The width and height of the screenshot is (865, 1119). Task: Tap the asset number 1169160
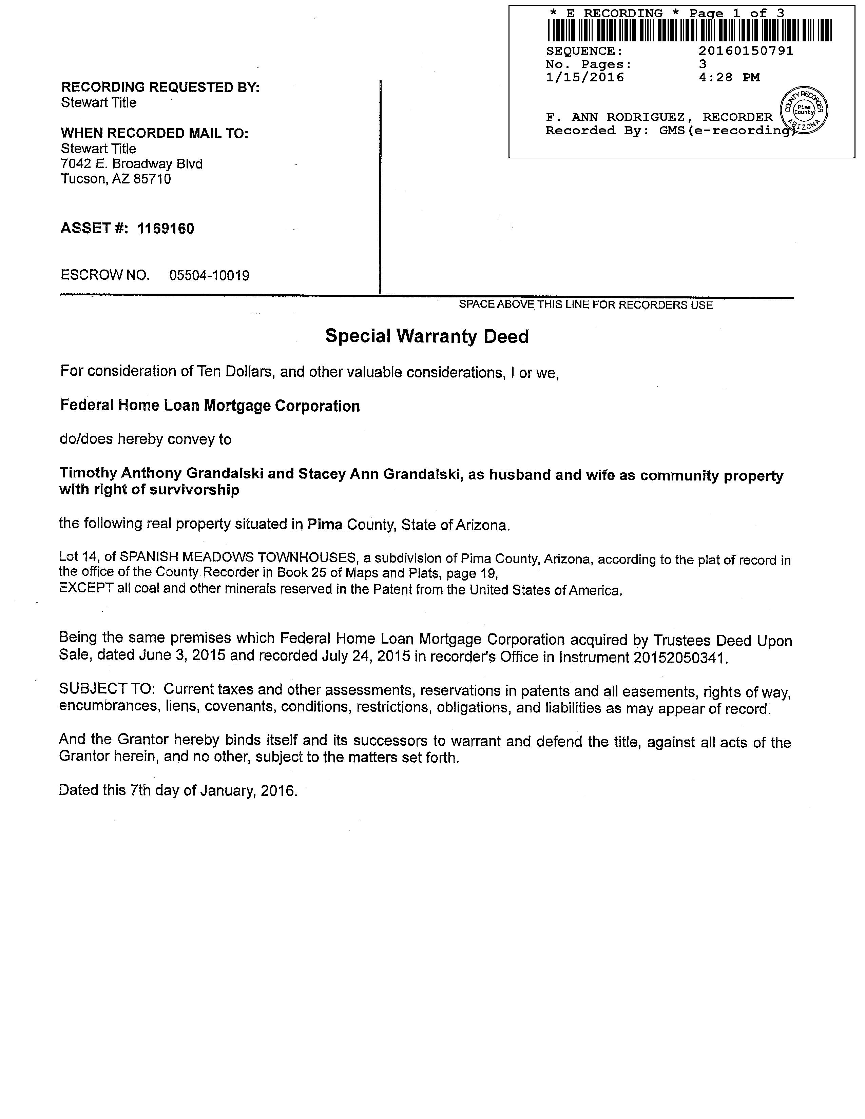[166, 229]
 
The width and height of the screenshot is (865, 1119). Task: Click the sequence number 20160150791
[746, 51]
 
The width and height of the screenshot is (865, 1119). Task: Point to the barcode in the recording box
[689, 30]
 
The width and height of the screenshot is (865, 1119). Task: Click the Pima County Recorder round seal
[804, 110]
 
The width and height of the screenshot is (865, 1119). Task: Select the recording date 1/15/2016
[585, 77]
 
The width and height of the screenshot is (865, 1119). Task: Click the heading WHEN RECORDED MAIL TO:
[155, 133]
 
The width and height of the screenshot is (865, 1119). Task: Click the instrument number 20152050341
[680, 657]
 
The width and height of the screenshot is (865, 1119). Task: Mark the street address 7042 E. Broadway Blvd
[132, 164]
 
